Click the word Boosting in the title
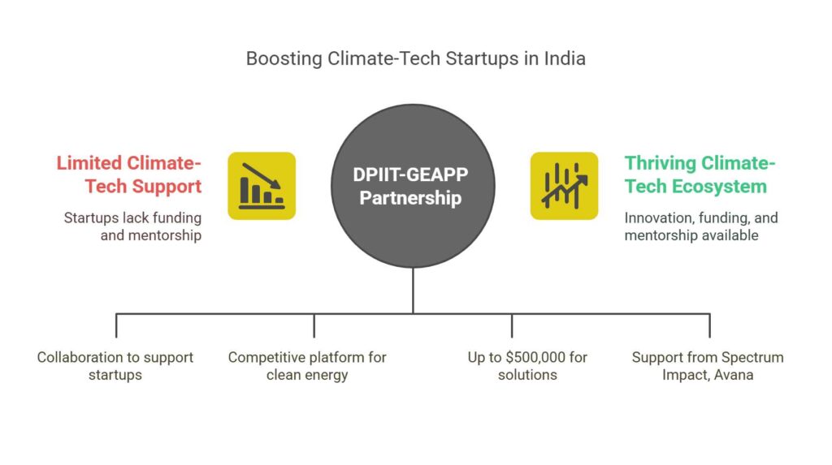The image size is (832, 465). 284,59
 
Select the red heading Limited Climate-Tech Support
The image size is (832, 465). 129,174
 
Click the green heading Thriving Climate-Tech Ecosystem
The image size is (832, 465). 700,174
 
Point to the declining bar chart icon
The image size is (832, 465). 262,186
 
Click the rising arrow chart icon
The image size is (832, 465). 564,186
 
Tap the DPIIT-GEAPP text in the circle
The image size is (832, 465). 410,174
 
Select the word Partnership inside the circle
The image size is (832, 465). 410,198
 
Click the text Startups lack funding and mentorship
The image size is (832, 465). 132,226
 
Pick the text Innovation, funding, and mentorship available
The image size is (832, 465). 701,226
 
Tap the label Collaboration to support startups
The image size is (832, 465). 115,366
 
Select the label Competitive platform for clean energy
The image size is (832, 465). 307,366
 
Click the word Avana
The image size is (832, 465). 734,375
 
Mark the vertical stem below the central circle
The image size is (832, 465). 413,291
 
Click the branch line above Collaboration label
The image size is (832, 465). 116,325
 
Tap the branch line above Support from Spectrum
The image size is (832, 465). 709,325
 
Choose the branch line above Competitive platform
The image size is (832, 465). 314,325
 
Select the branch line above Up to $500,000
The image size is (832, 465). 512,325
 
